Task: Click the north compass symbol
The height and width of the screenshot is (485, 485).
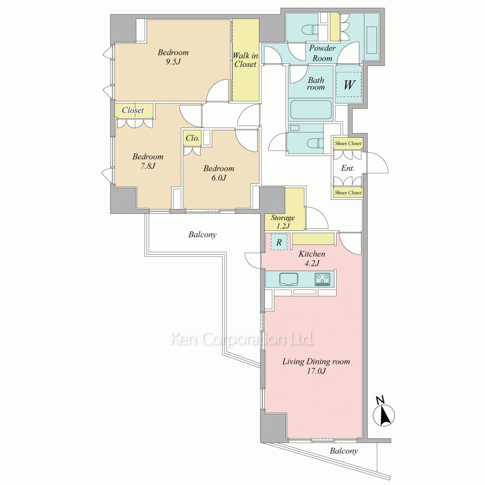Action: point(384,412)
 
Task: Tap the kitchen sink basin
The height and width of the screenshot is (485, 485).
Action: point(289,279)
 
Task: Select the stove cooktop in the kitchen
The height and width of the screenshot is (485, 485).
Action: point(323,279)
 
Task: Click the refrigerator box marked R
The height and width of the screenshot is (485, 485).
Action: point(279,242)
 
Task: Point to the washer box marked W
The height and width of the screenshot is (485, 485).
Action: point(349,84)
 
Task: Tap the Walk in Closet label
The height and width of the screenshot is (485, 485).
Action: point(245,60)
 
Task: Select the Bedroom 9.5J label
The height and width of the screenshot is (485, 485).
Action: point(173,57)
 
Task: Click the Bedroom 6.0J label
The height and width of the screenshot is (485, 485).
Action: point(219,173)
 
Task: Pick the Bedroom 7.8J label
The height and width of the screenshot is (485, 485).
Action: point(148,161)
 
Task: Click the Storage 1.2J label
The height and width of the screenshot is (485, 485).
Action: point(283,222)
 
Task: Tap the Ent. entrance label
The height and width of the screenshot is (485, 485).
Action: point(348,168)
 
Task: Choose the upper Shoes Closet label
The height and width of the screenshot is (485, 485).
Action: point(348,143)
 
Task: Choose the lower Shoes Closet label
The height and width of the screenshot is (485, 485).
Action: point(348,193)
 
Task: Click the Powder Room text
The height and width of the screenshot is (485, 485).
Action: point(323,53)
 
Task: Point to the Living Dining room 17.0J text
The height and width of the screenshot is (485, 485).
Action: point(316,366)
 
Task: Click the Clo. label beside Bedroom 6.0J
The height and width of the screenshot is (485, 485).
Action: point(193,138)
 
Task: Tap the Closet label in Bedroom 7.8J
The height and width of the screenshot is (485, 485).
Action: point(133,110)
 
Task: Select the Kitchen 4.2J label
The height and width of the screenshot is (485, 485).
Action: point(312,259)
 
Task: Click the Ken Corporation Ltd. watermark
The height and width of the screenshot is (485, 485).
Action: point(242,339)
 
